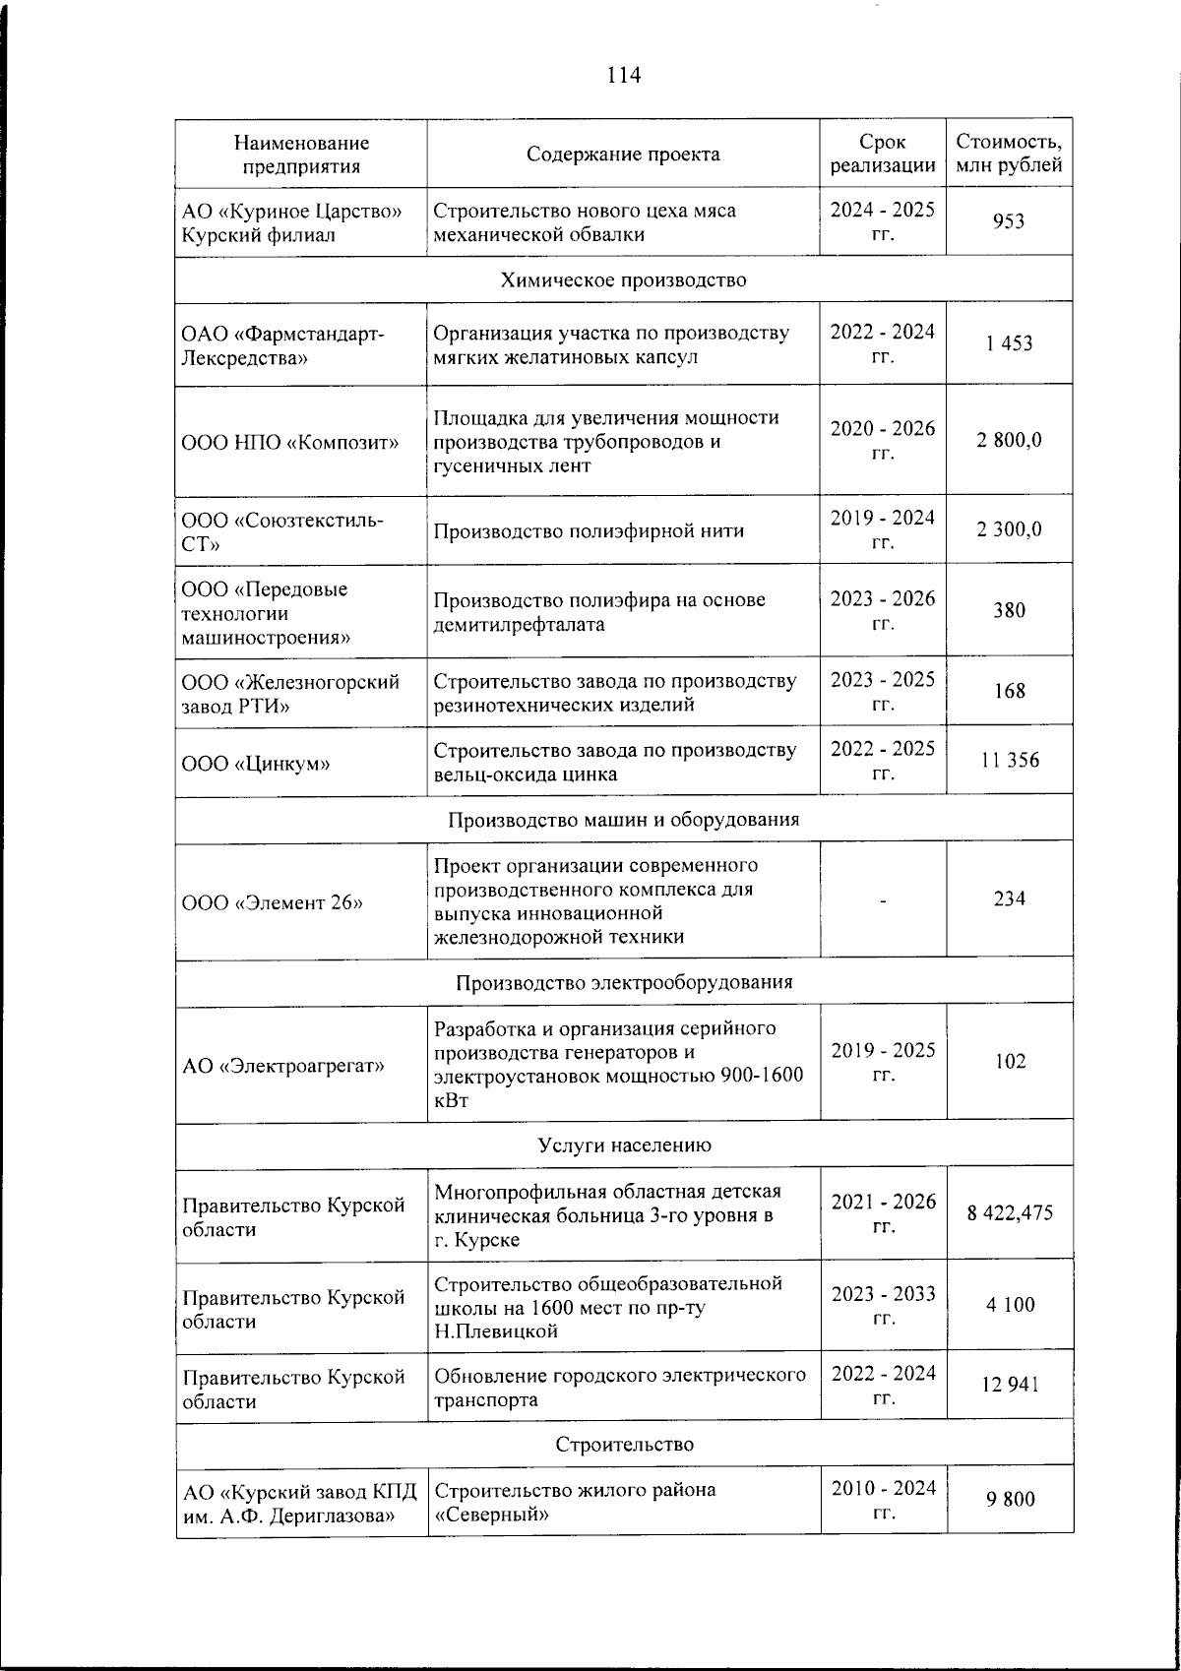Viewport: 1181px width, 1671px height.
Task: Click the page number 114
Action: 624,76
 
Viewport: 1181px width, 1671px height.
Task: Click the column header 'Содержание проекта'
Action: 622,154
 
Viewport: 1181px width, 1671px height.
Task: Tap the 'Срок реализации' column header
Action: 882,154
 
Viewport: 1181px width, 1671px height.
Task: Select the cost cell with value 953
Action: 1009,221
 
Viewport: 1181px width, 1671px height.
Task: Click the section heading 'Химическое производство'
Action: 623,279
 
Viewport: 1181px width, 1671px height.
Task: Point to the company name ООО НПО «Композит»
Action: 290,441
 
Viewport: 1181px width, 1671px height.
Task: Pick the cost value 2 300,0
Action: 1009,529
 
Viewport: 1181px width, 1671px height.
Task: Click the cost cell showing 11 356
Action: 1009,761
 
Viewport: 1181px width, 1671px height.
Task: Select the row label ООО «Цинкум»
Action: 254,762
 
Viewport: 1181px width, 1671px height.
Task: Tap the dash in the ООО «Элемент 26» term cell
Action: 883,898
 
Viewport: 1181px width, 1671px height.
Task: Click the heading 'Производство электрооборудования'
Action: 623,982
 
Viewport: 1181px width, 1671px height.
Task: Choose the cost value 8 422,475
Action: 1009,1213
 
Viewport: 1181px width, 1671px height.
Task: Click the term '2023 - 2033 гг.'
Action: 882,1305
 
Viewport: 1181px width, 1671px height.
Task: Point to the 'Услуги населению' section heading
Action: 623,1145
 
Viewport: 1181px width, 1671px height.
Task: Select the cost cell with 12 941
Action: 1009,1386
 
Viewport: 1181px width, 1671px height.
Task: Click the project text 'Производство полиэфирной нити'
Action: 589,530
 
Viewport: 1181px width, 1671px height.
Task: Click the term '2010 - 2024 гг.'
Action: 882,1499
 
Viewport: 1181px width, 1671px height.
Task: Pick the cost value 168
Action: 1009,692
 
